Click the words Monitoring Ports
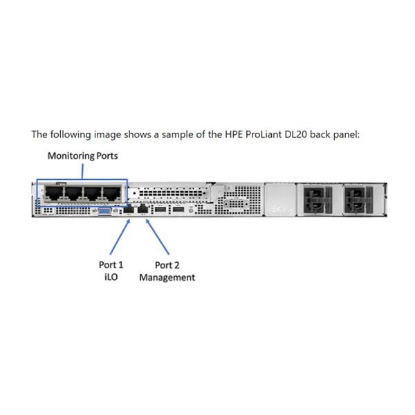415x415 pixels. [x=82, y=156]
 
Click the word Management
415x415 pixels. [x=167, y=277]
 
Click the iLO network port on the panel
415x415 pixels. [x=129, y=208]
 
